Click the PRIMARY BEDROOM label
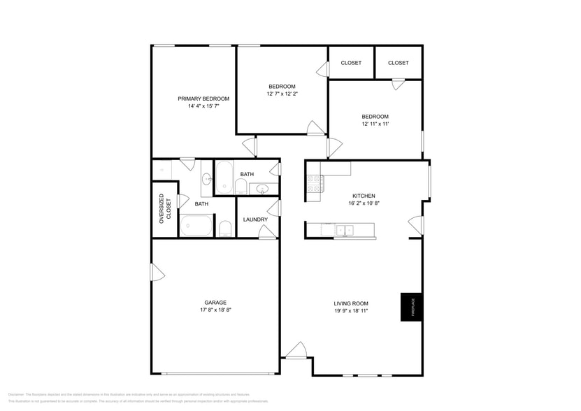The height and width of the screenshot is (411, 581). click(x=203, y=99)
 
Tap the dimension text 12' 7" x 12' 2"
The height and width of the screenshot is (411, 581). click(x=282, y=94)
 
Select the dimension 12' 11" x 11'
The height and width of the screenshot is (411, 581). click(x=375, y=124)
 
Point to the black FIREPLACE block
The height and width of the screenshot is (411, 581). click(x=411, y=306)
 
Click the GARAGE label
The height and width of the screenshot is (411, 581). click(x=215, y=303)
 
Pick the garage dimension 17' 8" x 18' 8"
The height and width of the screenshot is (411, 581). click(x=215, y=310)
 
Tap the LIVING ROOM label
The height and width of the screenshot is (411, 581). click(x=351, y=303)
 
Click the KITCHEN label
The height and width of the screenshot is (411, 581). click(x=364, y=196)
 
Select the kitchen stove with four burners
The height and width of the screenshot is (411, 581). click(x=314, y=183)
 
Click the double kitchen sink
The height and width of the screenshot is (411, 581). click(x=344, y=229)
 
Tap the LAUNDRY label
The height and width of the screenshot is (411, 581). click(x=255, y=219)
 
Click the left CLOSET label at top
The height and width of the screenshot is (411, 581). click(x=351, y=63)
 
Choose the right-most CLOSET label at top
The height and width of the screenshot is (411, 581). click(x=398, y=63)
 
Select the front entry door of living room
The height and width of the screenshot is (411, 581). click(x=296, y=351)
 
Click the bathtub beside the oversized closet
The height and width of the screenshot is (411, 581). click(x=196, y=226)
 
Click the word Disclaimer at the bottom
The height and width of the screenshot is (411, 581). click(x=15, y=394)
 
